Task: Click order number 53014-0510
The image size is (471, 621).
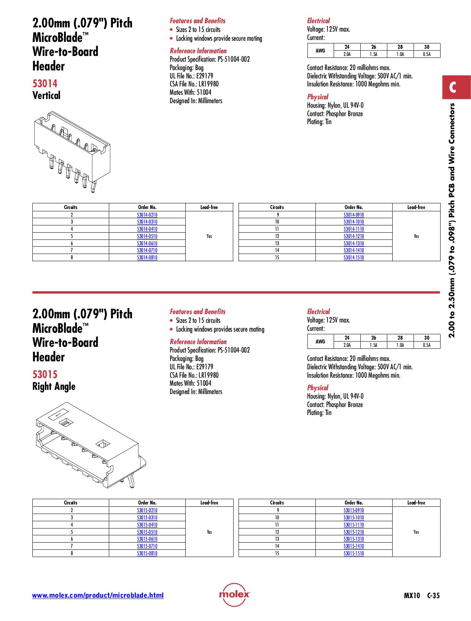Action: [x=147, y=236]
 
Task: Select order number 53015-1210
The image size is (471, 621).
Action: [x=353, y=532]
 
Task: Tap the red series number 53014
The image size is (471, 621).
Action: [x=45, y=84]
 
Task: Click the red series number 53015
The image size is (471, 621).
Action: [x=45, y=375]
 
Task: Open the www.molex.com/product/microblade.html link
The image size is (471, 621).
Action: [x=98, y=595]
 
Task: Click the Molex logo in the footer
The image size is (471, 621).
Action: [x=234, y=594]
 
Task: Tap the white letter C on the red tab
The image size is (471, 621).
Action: [x=452, y=88]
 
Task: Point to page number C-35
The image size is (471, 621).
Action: [x=433, y=596]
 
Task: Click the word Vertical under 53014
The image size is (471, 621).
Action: [x=46, y=96]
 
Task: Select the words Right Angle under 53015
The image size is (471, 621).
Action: [x=54, y=386]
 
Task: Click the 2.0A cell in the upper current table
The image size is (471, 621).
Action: [x=347, y=54]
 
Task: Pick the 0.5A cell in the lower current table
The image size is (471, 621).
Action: [x=426, y=345]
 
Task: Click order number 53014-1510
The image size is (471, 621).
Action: [x=353, y=258]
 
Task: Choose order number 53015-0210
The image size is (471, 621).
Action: [x=147, y=511]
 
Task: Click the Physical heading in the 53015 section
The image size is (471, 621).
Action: [x=317, y=388]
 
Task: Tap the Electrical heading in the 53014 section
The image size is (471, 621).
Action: [x=318, y=21]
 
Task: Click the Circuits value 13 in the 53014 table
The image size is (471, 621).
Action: [x=277, y=243]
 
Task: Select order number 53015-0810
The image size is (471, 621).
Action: [x=147, y=554]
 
